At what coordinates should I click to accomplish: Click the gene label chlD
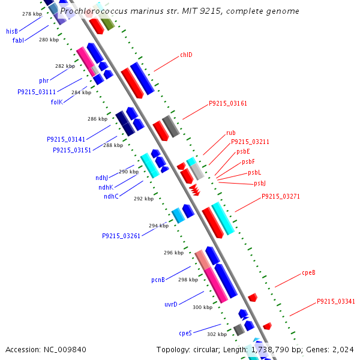tap(186, 55)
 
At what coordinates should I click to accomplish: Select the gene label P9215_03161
tap(228, 103)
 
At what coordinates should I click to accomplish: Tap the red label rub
tap(231, 133)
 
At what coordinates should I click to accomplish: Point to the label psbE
tap(243, 152)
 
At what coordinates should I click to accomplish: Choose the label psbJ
tap(260, 183)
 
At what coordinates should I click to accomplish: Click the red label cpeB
tap(308, 273)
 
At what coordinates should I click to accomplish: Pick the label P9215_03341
tap(336, 301)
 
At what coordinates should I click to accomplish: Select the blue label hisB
tap(12, 31)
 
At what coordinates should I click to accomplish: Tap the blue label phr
tap(44, 80)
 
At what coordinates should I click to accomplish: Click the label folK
tap(56, 102)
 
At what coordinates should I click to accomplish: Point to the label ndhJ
tap(102, 178)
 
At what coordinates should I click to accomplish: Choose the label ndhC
tap(111, 196)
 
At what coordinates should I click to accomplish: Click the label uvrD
tap(171, 304)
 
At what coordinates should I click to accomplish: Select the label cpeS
tap(185, 332)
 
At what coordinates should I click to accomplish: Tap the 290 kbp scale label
tap(128, 172)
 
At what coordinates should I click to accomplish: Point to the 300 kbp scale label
tap(202, 307)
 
